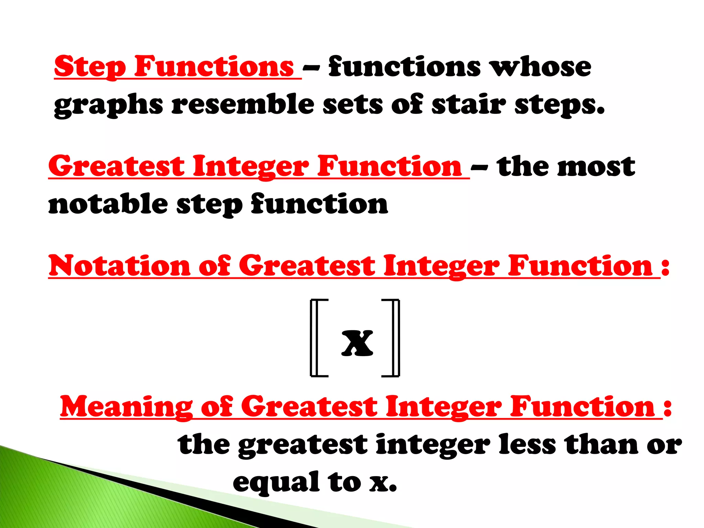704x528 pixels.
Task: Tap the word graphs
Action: tap(109, 105)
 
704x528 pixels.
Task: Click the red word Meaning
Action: tap(126, 407)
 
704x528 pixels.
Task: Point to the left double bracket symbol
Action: tap(318, 338)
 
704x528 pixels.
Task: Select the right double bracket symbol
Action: tap(392, 338)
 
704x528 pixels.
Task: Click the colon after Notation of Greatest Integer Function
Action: tap(665, 266)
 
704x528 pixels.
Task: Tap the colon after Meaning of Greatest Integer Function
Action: tap(668, 408)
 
